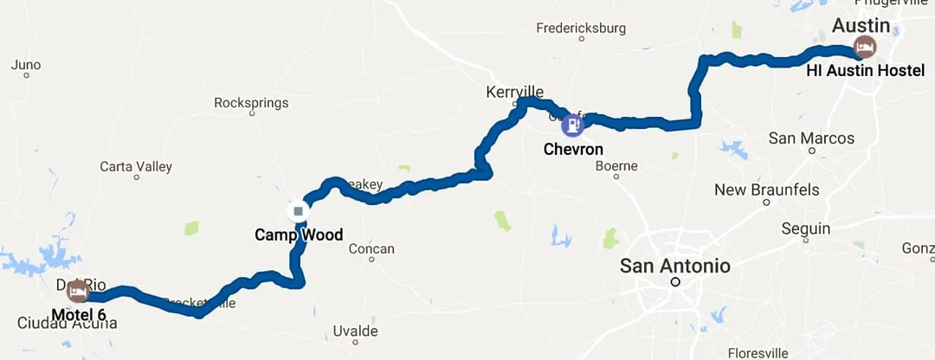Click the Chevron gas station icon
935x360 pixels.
click(572, 125)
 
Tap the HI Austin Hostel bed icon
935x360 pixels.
click(864, 47)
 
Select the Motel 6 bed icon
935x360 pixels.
click(77, 291)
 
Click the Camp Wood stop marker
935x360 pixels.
click(299, 211)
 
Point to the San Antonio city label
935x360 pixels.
click(674, 266)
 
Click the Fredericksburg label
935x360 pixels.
click(579, 28)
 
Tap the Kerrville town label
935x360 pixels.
click(515, 92)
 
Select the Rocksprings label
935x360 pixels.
click(250, 103)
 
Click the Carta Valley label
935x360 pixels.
click(136, 166)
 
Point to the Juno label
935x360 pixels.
click(26, 65)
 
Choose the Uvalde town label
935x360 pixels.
click(356, 331)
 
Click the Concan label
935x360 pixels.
click(371, 249)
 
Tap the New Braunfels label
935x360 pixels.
click(766, 190)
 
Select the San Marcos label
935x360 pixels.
click(811, 138)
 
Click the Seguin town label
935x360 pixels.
click(805, 229)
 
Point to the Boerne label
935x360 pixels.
click(616, 165)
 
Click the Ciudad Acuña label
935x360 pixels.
click(67, 324)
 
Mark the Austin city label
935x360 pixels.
click(861, 24)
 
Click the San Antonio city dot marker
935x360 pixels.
click(675, 282)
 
